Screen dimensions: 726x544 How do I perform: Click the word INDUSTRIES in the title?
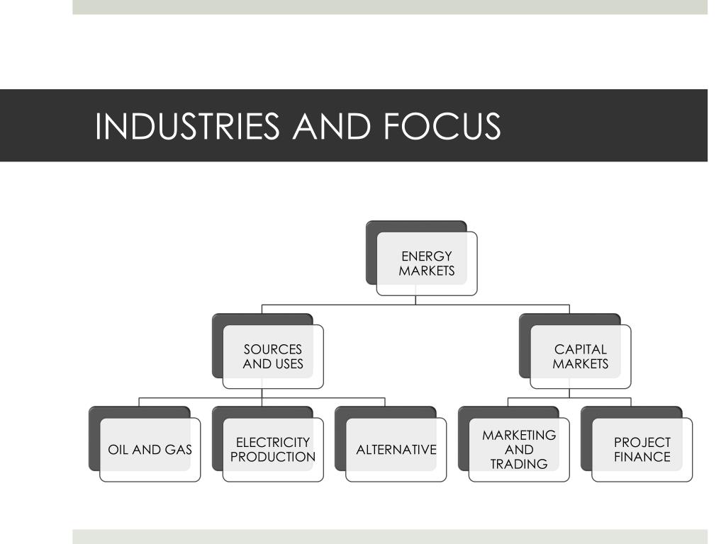(x=187, y=126)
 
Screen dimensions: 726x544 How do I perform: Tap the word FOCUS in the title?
(x=442, y=126)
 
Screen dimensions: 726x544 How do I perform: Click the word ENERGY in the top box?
(x=427, y=256)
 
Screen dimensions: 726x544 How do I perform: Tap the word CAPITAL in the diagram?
(x=581, y=349)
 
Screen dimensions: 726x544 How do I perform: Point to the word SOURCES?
(x=273, y=349)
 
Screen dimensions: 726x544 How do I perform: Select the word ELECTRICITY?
(x=273, y=442)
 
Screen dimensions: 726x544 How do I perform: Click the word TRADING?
(x=519, y=464)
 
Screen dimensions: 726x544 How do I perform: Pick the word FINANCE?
(x=642, y=457)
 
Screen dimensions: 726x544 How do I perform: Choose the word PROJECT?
(x=642, y=442)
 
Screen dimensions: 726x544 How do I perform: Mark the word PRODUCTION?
(x=273, y=457)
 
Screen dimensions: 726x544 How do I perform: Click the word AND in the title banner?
(x=332, y=126)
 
